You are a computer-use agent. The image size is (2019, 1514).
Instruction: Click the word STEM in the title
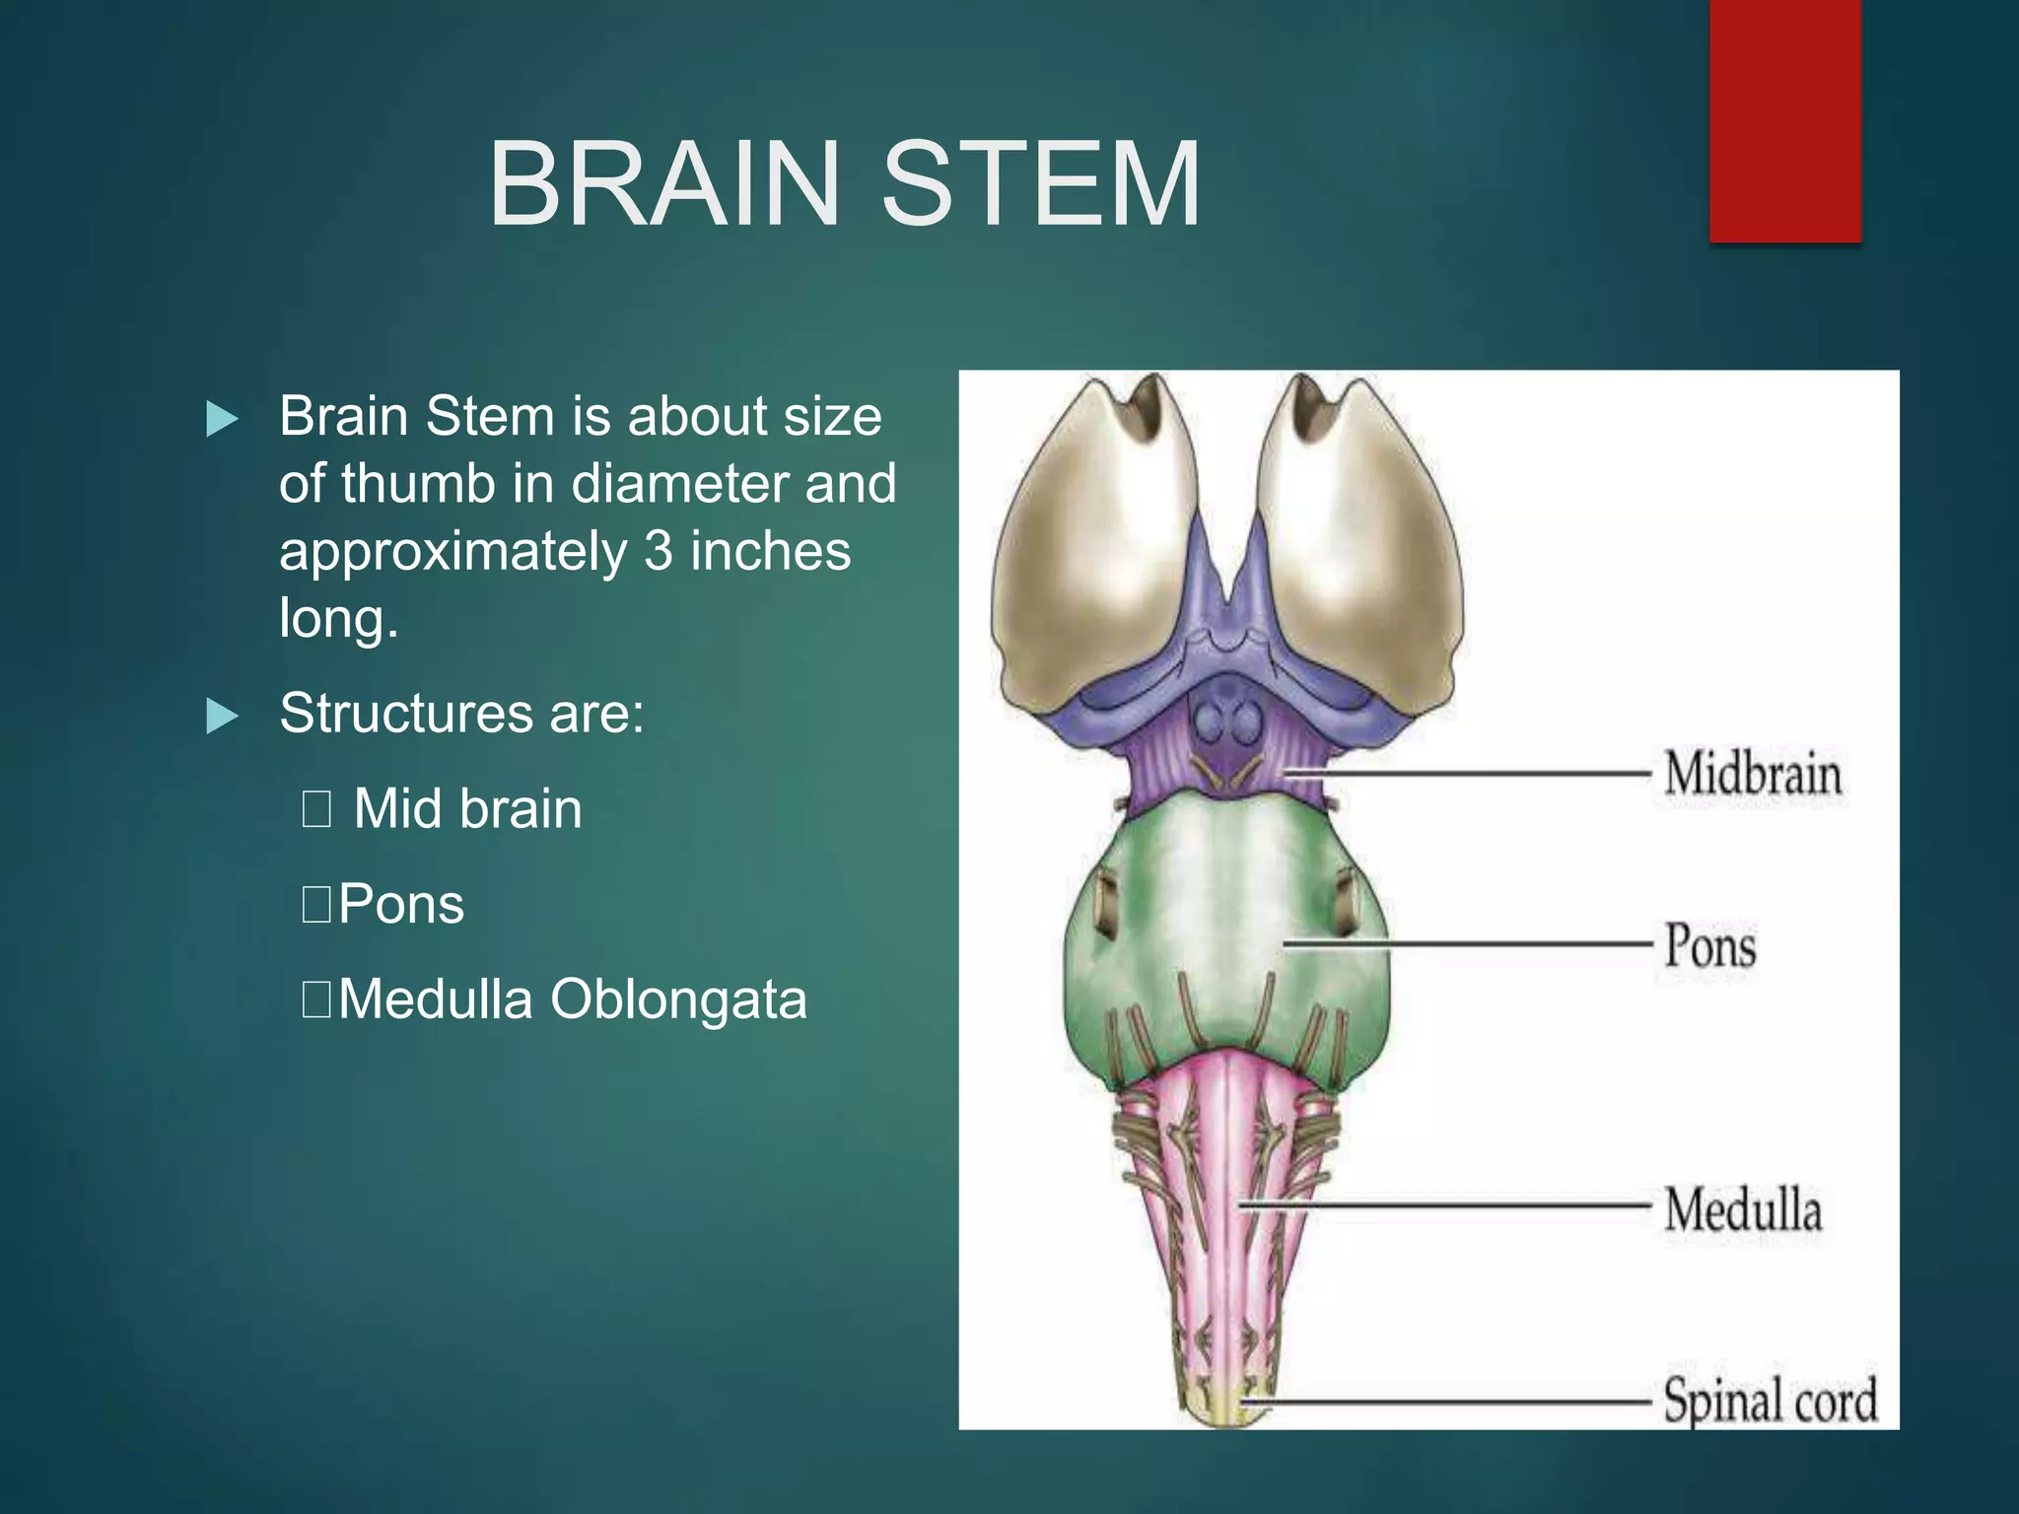tap(1040, 184)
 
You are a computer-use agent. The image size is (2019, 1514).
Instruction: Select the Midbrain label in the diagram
tap(1753, 774)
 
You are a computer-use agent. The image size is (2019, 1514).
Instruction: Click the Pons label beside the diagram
tap(1710, 946)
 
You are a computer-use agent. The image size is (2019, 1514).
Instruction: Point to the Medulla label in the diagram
tap(1743, 1209)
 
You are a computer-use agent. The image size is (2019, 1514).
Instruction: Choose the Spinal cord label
tap(1771, 1401)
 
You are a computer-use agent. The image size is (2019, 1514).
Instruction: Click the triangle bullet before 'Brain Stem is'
tap(222, 420)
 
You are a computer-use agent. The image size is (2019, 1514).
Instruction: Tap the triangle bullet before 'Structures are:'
tap(222, 717)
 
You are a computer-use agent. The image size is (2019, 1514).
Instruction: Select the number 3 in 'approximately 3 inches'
tap(658, 552)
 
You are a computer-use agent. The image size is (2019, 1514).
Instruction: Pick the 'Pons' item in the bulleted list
tap(400, 904)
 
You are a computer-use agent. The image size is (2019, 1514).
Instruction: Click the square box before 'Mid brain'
tap(316, 809)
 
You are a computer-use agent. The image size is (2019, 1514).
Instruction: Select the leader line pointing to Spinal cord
tap(1449, 1401)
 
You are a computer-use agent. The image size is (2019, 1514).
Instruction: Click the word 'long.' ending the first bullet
tap(338, 619)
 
